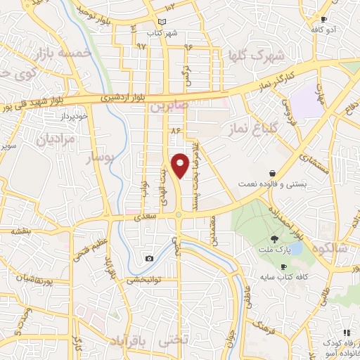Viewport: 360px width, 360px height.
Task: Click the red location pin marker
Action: (181, 165)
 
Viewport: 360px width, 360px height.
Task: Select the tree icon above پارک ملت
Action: (274, 240)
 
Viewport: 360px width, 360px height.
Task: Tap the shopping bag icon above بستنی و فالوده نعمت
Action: (272, 173)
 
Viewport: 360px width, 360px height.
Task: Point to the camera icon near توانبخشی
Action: (149, 259)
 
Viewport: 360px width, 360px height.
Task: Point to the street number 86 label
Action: (175, 131)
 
